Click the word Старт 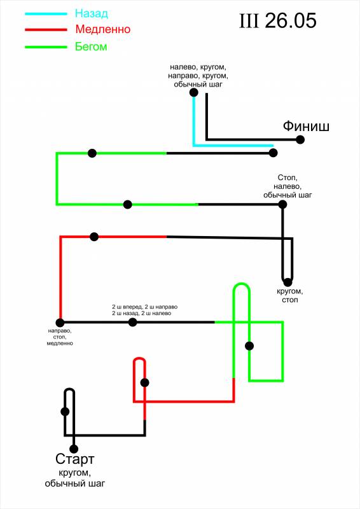coord(74,459)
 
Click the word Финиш coord(306,126)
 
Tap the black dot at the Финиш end coord(300,139)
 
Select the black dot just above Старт coord(74,449)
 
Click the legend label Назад coord(91,13)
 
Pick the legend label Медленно coord(102,29)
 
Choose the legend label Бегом coord(91,46)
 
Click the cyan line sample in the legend coord(46,14)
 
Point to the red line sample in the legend coord(46,30)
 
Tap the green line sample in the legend coord(46,47)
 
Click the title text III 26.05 coord(277,21)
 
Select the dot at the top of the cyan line coord(194,92)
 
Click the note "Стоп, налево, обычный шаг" coord(287,186)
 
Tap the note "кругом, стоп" coord(290,295)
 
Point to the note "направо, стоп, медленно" coord(60,337)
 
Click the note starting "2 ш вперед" coord(145,310)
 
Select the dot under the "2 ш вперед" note coord(132,323)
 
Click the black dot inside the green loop coord(249,346)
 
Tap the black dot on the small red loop coord(145,383)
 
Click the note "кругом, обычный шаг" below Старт coord(75,478)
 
